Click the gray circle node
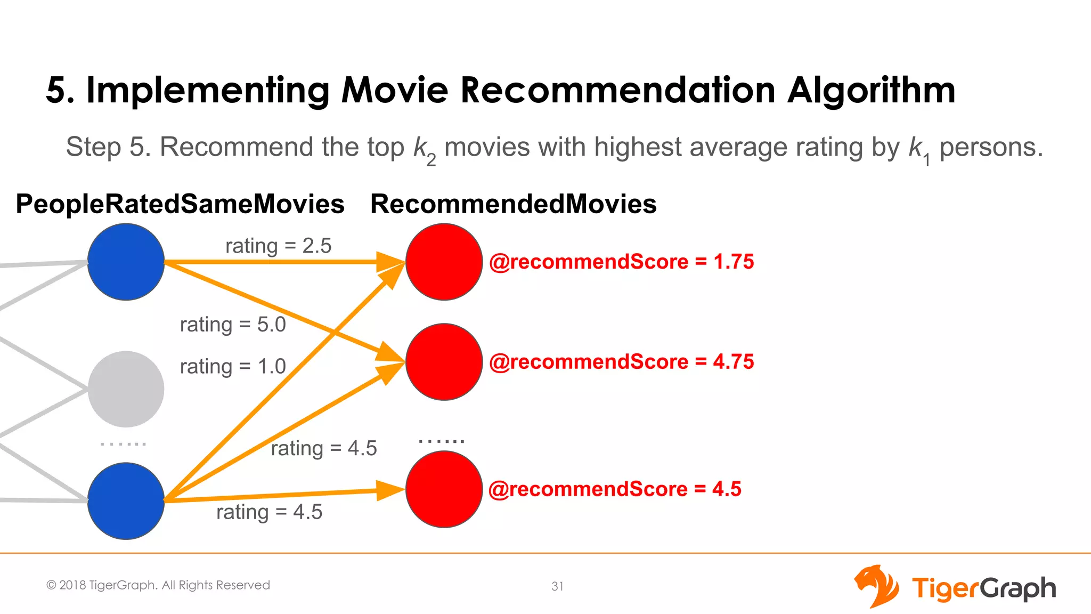point(126,389)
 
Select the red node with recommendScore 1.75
point(444,262)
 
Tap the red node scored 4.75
point(444,362)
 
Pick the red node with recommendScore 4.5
point(444,489)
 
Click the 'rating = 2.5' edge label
point(278,246)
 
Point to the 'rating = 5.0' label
point(233,325)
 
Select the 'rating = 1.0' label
point(233,367)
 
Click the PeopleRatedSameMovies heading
point(180,204)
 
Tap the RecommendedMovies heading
point(513,204)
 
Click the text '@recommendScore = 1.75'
point(621,262)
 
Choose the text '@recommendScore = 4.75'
point(621,362)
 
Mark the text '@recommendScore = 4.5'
point(615,489)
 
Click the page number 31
point(557,586)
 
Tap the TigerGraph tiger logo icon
point(876,586)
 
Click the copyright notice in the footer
point(158,585)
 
